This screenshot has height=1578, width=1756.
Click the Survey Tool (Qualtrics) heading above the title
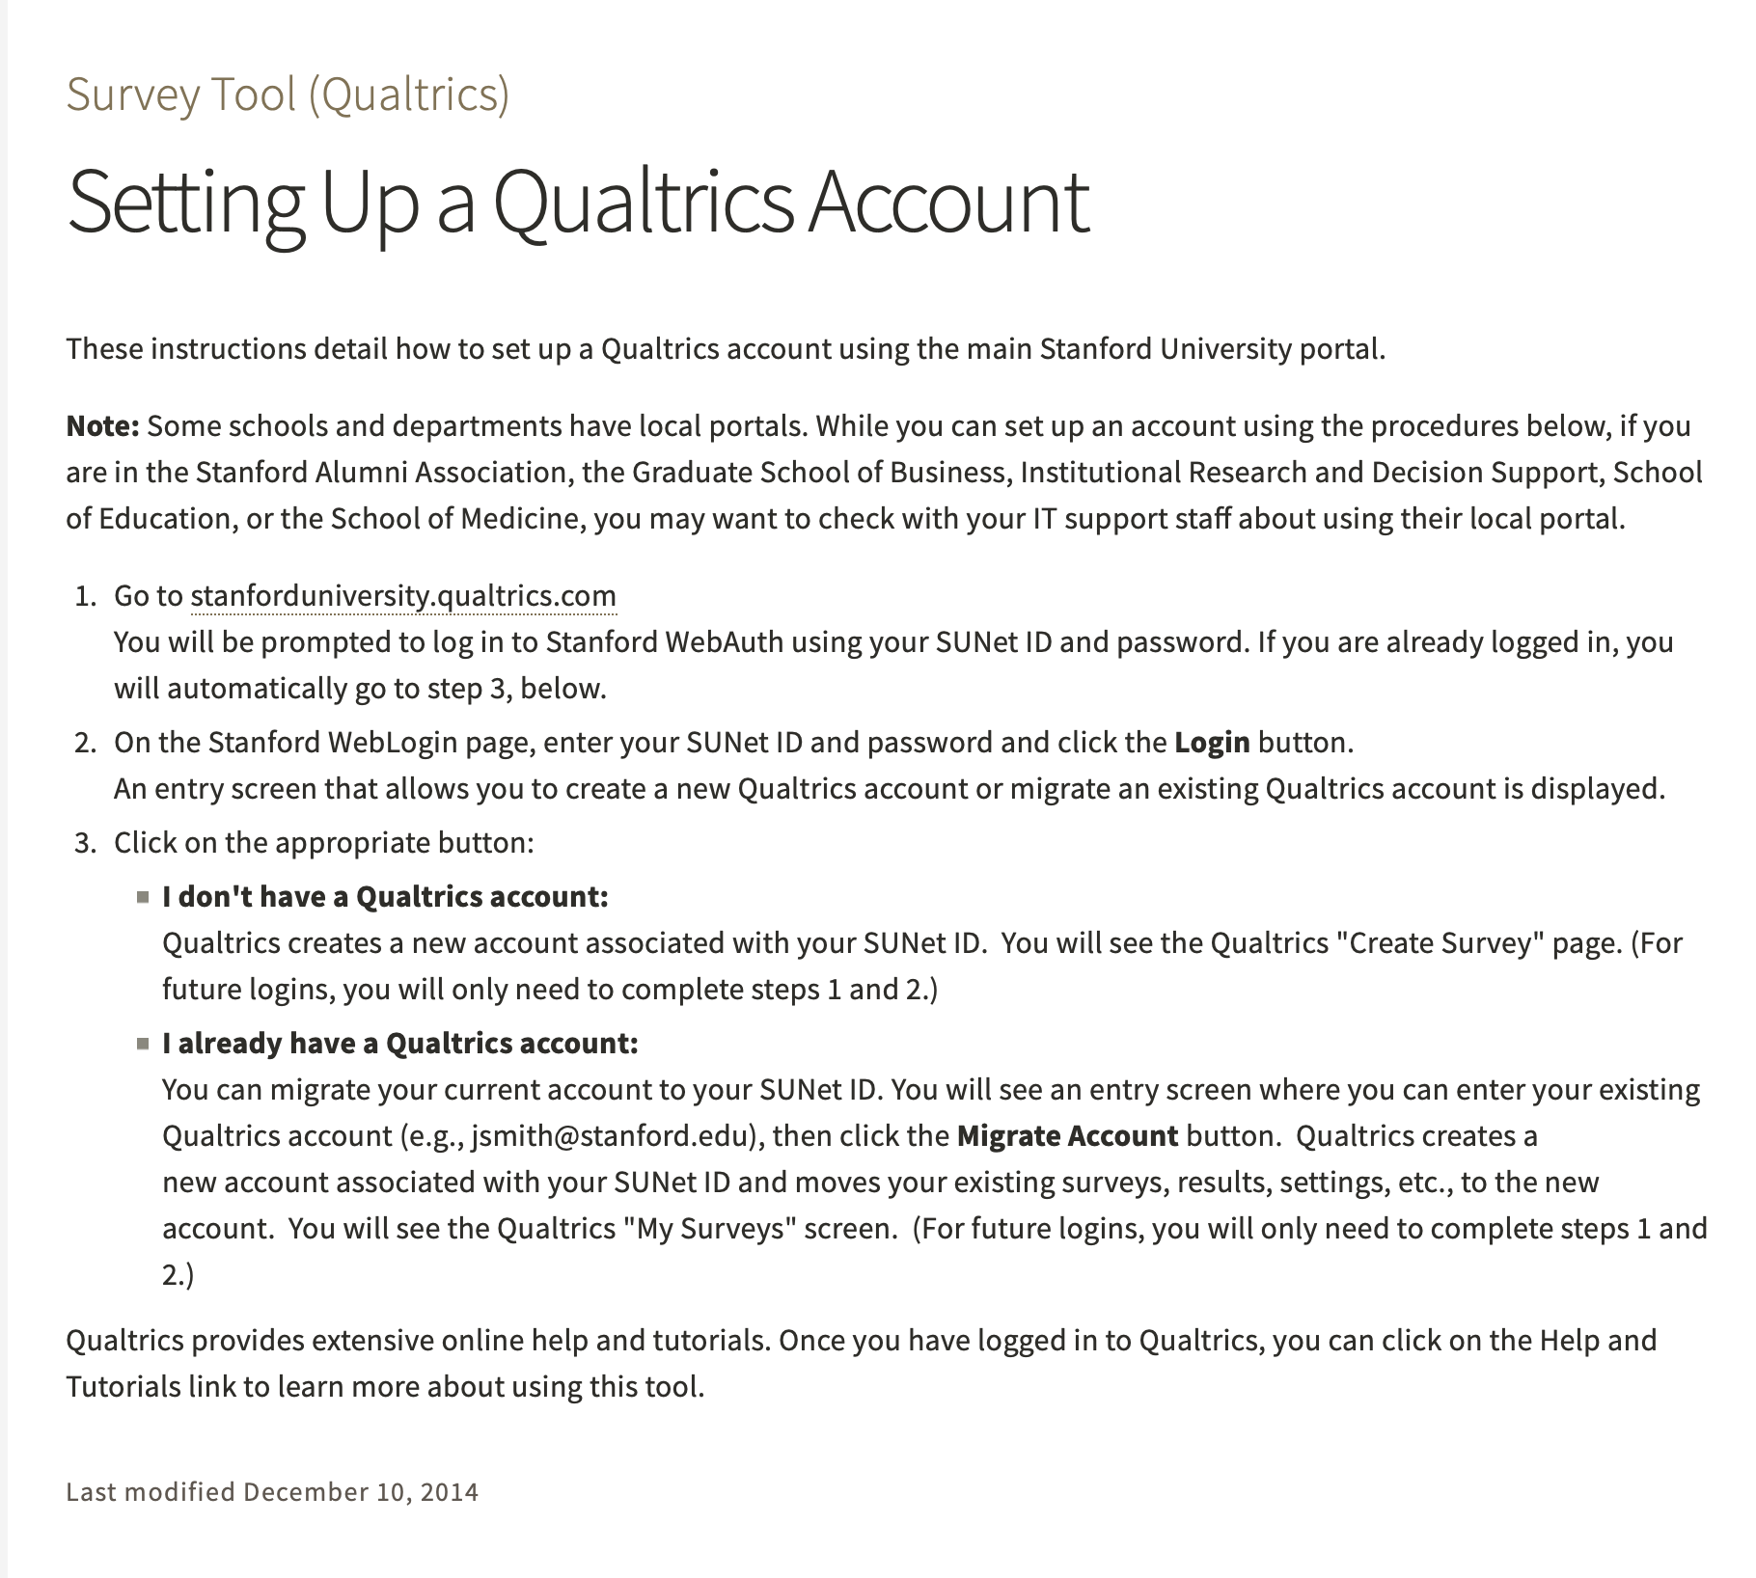tap(288, 95)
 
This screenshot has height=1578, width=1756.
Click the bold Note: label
tap(103, 426)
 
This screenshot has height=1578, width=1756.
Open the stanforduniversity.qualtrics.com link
tap(403, 596)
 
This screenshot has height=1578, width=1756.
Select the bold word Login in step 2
tap(1212, 743)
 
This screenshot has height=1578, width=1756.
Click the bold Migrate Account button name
tap(1067, 1136)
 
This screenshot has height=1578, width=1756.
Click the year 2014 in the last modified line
tap(450, 1492)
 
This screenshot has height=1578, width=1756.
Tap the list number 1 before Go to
tap(83, 596)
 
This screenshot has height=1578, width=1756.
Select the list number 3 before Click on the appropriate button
tap(83, 843)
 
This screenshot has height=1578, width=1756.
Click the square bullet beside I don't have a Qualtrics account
tap(143, 898)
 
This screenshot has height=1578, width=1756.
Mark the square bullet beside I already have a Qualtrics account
tap(143, 1045)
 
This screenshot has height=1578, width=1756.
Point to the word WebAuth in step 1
tap(724, 642)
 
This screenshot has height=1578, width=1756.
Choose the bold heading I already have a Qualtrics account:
tap(400, 1044)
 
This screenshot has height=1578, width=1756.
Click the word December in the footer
tap(306, 1492)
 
